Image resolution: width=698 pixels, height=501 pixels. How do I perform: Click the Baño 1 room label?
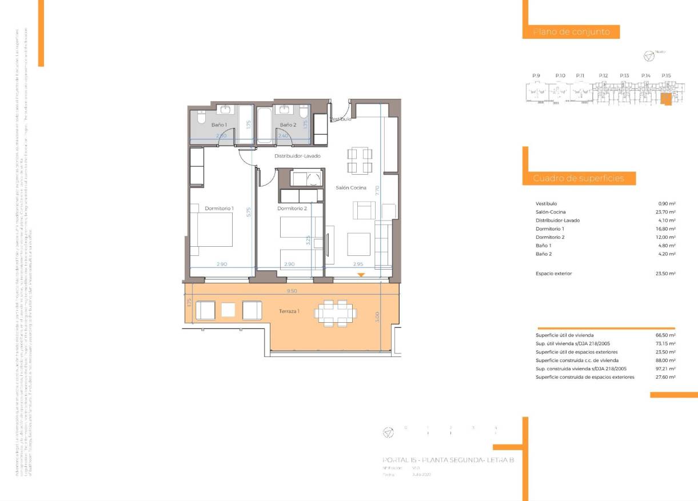(x=219, y=125)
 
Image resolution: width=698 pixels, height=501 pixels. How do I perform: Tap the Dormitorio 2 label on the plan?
(x=292, y=209)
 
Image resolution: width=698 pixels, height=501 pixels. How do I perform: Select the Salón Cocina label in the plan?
(x=350, y=187)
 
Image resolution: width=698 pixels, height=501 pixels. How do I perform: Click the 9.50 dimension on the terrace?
(x=292, y=291)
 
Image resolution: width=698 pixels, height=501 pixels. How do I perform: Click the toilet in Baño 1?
(x=201, y=119)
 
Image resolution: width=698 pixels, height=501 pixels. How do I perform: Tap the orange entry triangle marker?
(x=361, y=275)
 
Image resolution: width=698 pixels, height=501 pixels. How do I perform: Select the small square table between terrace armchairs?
(x=228, y=310)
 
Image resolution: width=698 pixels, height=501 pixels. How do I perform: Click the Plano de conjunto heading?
(x=572, y=32)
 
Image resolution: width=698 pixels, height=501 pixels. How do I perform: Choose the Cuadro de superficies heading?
(x=579, y=179)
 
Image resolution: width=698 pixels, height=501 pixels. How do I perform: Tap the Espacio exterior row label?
(x=553, y=274)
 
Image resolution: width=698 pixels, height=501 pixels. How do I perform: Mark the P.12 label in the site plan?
(x=603, y=75)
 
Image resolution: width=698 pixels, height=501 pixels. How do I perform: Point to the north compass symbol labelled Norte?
(x=649, y=56)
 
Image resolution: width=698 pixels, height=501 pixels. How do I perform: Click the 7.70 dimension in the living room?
(x=377, y=191)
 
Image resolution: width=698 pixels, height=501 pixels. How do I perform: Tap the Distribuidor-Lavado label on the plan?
(x=297, y=156)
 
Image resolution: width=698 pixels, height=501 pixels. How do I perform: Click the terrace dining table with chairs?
(x=335, y=312)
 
